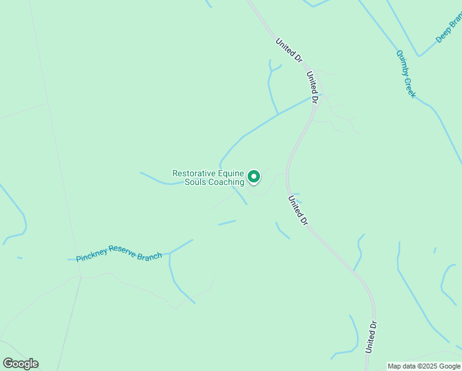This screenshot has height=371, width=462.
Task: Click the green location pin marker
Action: point(253,177)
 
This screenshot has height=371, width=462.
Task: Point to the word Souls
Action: point(195,182)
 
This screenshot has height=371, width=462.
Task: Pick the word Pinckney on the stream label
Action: point(91,255)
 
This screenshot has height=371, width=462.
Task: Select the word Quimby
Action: point(401,63)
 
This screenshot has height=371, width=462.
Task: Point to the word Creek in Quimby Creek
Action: point(411,87)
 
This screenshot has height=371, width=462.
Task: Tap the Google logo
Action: point(20,364)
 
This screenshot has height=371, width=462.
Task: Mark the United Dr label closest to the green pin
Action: point(297,210)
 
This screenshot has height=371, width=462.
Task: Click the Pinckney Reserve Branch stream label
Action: point(119,253)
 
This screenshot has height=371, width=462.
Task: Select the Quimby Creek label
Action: point(406,74)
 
